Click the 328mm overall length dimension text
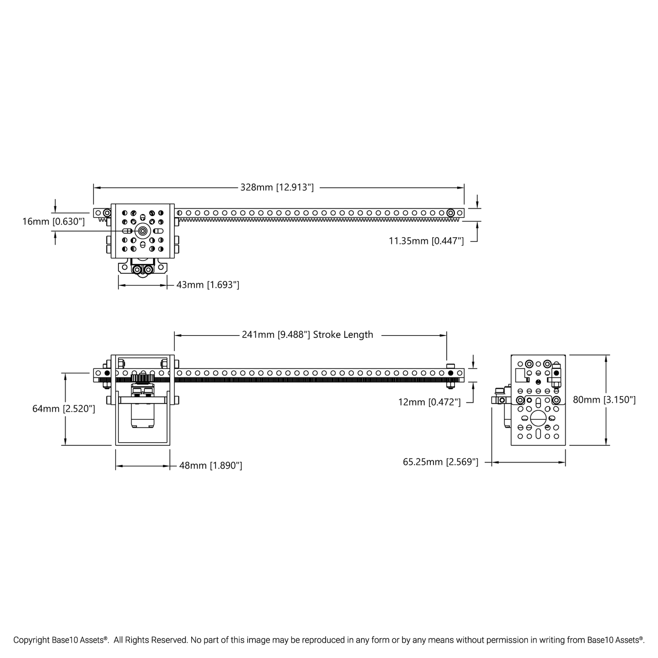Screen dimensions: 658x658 [x=277, y=187]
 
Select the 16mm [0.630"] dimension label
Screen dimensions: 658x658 [x=53, y=222]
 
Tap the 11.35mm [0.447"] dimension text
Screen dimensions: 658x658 [x=426, y=241]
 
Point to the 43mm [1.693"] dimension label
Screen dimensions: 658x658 [x=208, y=285]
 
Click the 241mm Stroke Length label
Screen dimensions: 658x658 [x=307, y=335]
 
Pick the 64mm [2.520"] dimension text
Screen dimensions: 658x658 [x=64, y=409]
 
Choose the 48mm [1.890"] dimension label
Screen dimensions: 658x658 [x=210, y=465]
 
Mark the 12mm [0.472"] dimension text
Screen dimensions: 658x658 [x=429, y=402]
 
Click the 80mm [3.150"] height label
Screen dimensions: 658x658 [x=604, y=400]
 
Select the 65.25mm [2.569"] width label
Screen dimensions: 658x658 [x=440, y=462]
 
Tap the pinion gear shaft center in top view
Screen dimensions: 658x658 [x=143, y=231]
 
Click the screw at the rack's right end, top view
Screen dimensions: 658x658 [x=450, y=213]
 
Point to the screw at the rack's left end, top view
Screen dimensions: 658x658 [x=107, y=213]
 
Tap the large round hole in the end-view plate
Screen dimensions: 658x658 [x=538, y=417]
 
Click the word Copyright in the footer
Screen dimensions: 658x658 [x=31, y=640]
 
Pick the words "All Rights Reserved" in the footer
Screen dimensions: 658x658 [x=150, y=640]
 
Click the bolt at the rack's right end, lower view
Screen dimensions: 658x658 [x=450, y=373]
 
